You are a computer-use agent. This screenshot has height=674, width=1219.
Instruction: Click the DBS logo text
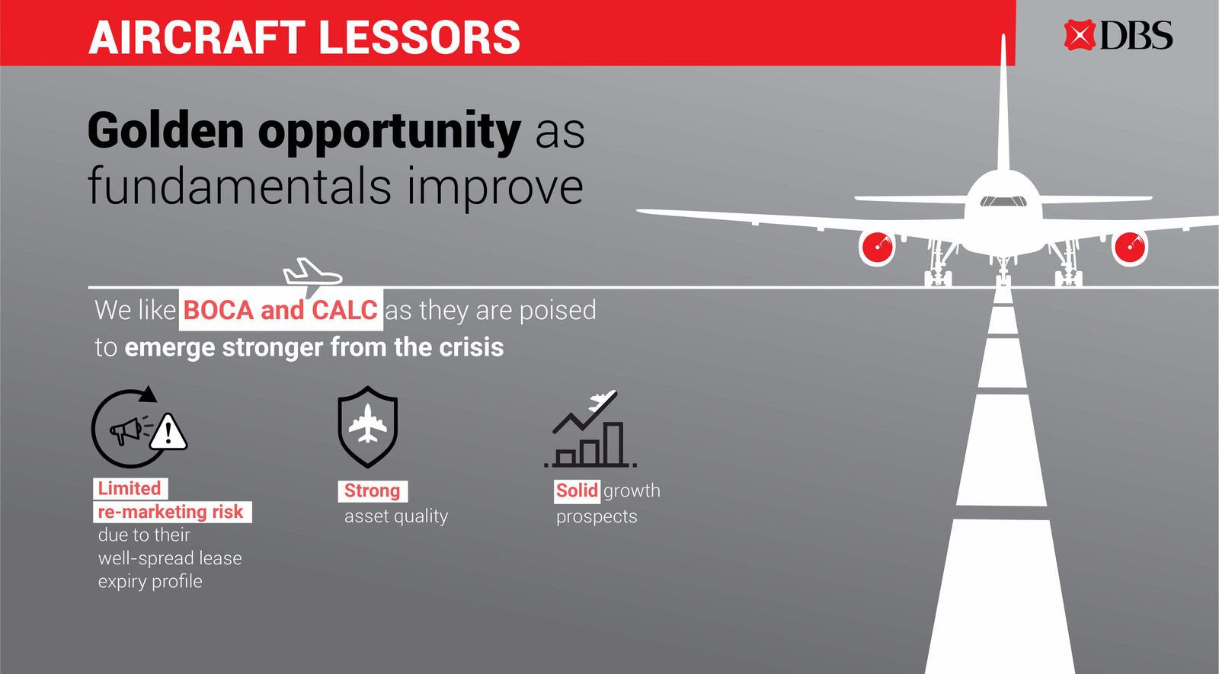(1136, 35)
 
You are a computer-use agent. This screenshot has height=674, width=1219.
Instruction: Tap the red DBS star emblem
(1079, 35)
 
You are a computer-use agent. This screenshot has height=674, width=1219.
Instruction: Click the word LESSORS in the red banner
(420, 37)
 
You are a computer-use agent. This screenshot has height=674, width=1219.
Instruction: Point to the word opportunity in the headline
(389, 134)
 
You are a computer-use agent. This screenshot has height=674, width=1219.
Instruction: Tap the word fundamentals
(239, 186)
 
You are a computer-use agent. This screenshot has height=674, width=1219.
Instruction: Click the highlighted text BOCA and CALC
(281, 310)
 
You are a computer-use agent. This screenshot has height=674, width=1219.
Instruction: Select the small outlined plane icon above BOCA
(312, 274)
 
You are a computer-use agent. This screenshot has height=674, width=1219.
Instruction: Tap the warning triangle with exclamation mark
(168, 432)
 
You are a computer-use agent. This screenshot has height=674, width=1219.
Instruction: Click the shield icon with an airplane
(368, 427)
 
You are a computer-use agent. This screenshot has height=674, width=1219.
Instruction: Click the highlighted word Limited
(130, 488)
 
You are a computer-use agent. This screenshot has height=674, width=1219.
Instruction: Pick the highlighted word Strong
(373, 490)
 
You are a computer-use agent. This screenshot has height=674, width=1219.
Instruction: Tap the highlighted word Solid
(577, 490)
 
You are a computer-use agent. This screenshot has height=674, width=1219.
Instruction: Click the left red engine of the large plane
(877, 248)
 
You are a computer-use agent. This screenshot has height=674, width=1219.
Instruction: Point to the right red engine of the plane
(1130, 248)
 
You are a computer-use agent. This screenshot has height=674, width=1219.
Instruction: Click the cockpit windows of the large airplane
(1003, 201)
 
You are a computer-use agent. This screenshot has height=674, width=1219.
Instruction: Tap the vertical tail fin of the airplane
(1003, 104)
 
